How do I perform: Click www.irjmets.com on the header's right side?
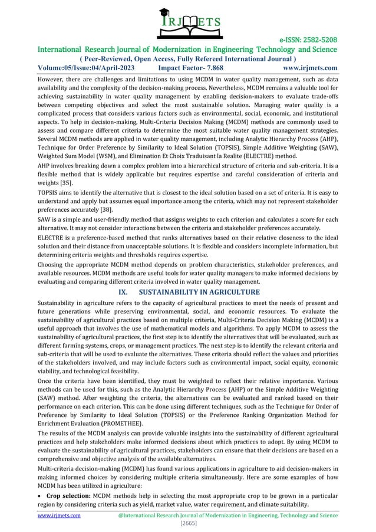tap(311, 68)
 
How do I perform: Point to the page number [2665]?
tap(187, 524)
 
